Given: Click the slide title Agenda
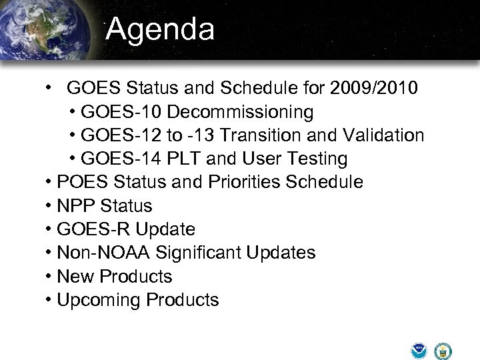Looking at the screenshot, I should click(x=160, y=29).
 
